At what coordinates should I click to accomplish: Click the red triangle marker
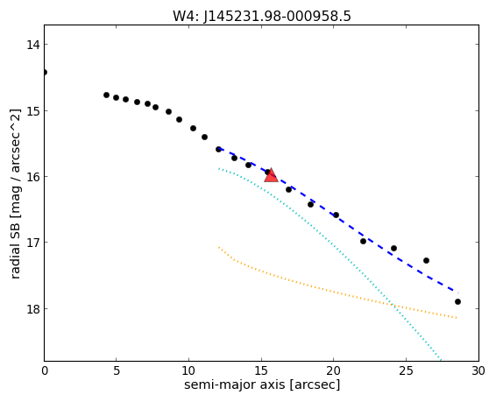[271, 176]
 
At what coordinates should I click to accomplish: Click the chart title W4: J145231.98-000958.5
[262, 16]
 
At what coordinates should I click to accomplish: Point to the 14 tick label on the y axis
[33, 45]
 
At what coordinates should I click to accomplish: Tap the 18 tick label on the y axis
[33, 309]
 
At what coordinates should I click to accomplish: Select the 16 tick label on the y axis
[33, 176]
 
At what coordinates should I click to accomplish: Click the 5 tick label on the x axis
[117, 370]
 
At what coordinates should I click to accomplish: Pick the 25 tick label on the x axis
[406, 370]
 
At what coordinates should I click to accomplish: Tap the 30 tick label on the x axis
[478, 370]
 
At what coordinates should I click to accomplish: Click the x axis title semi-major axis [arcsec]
[262, 384]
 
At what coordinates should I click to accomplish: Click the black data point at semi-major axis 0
[45, 73]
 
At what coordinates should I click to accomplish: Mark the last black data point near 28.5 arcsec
[457, 302]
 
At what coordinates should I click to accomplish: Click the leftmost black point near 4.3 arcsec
[106, 95]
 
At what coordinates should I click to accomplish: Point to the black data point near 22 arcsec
[363, 241]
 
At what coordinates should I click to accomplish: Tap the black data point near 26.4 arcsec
[426, 260]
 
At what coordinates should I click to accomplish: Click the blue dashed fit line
[336, 215]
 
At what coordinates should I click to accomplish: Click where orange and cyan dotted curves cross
[393, 305]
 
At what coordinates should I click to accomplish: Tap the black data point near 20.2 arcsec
[336, 215]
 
